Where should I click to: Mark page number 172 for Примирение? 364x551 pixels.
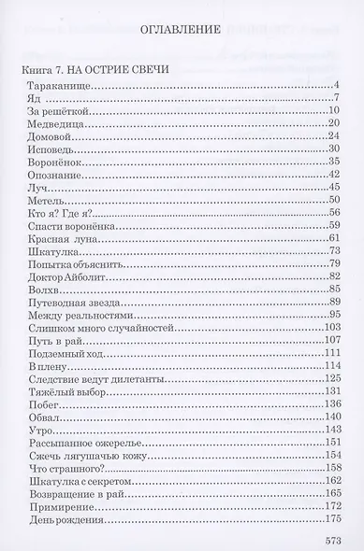coord(329,505)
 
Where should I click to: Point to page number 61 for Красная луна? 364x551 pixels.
coord(332,239)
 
